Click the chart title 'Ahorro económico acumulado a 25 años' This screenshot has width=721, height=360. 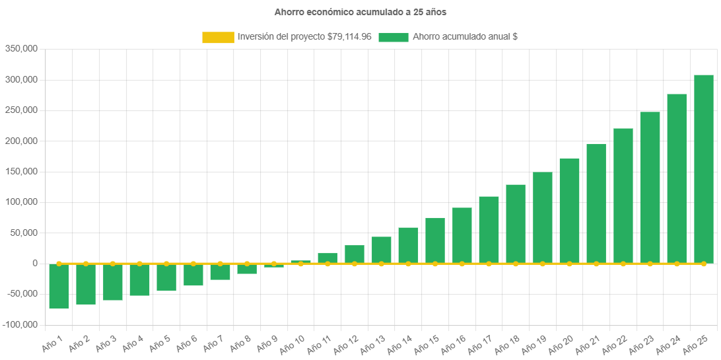[360, 12]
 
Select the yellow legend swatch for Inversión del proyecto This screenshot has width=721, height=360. [218, 38]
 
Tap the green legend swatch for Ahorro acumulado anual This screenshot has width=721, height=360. [394, 38]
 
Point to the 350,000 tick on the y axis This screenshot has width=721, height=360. [21, 49]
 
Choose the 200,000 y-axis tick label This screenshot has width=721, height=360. [21, 141]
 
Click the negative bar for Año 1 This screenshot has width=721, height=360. [59, 287]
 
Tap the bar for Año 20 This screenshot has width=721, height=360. [569, 211]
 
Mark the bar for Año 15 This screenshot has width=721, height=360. [434, 240]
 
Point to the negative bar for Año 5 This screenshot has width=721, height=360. [166, 278]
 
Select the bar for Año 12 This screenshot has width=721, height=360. [354, 254]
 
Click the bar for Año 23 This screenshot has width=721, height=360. [650, 188]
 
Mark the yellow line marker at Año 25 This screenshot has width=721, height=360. [703, 264]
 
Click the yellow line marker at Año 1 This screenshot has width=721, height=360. [59, 264]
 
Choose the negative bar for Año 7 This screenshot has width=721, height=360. [220, 272]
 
